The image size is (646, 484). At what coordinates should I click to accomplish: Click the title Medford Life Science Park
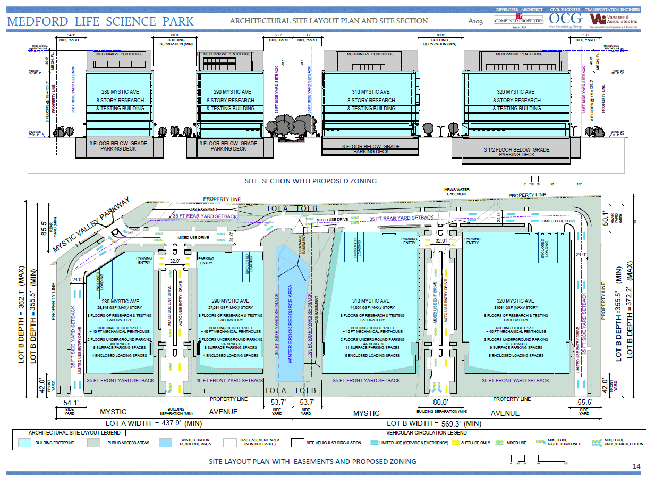101,21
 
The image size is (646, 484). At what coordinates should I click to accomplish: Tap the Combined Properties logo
518,21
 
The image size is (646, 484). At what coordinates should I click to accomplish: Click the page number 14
636,466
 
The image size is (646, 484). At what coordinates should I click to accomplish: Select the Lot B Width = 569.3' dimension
434,423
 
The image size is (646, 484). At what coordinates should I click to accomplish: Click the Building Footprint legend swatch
24,443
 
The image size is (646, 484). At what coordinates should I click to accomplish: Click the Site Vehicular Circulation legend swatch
297,443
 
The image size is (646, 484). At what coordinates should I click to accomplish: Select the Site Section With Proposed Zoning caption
311,181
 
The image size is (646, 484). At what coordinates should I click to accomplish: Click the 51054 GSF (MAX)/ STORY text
516,308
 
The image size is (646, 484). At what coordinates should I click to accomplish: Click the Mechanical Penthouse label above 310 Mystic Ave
370,54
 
